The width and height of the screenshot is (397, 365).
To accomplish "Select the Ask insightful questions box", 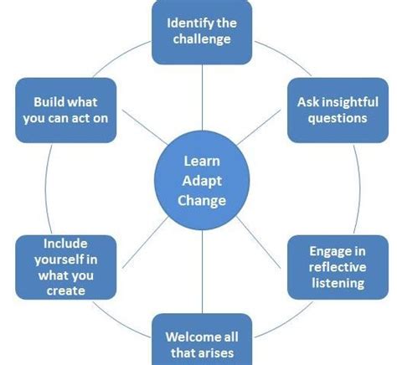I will click(x=332, y=109).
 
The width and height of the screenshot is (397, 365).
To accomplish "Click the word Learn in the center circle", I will click(x=201, y=162).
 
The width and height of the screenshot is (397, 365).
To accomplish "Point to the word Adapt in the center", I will click(x=201, y=181).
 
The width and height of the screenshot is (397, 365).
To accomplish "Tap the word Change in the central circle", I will click(x=202, y=200).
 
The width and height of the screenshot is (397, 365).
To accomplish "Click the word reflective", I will click(x=336, y=266).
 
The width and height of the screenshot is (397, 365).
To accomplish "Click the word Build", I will click(x=49, y=101).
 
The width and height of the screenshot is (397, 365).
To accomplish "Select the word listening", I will click(x=336, y=282).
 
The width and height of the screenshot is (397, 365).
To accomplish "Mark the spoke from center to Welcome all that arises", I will click(x=202, y=268).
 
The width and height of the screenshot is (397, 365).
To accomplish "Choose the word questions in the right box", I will click(x=332, y=117).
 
